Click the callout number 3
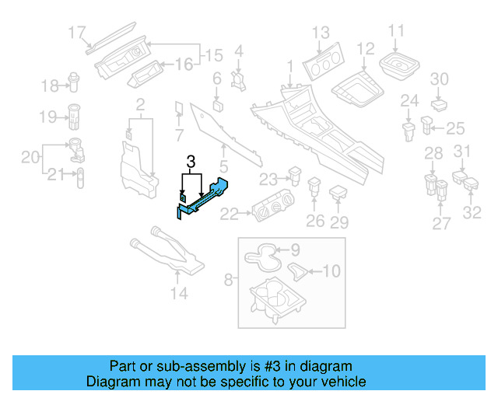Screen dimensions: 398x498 click(191, 163)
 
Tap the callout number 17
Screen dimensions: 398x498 click(76, 33)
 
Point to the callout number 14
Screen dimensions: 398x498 click(179, 293)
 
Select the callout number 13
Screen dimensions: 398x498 click(321, 32)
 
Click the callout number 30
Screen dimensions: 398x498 click(440, 79)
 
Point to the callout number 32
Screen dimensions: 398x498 click(472, 211)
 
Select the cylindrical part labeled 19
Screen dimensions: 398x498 click(76, 115)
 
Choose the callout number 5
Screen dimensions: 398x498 click(223, 166)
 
